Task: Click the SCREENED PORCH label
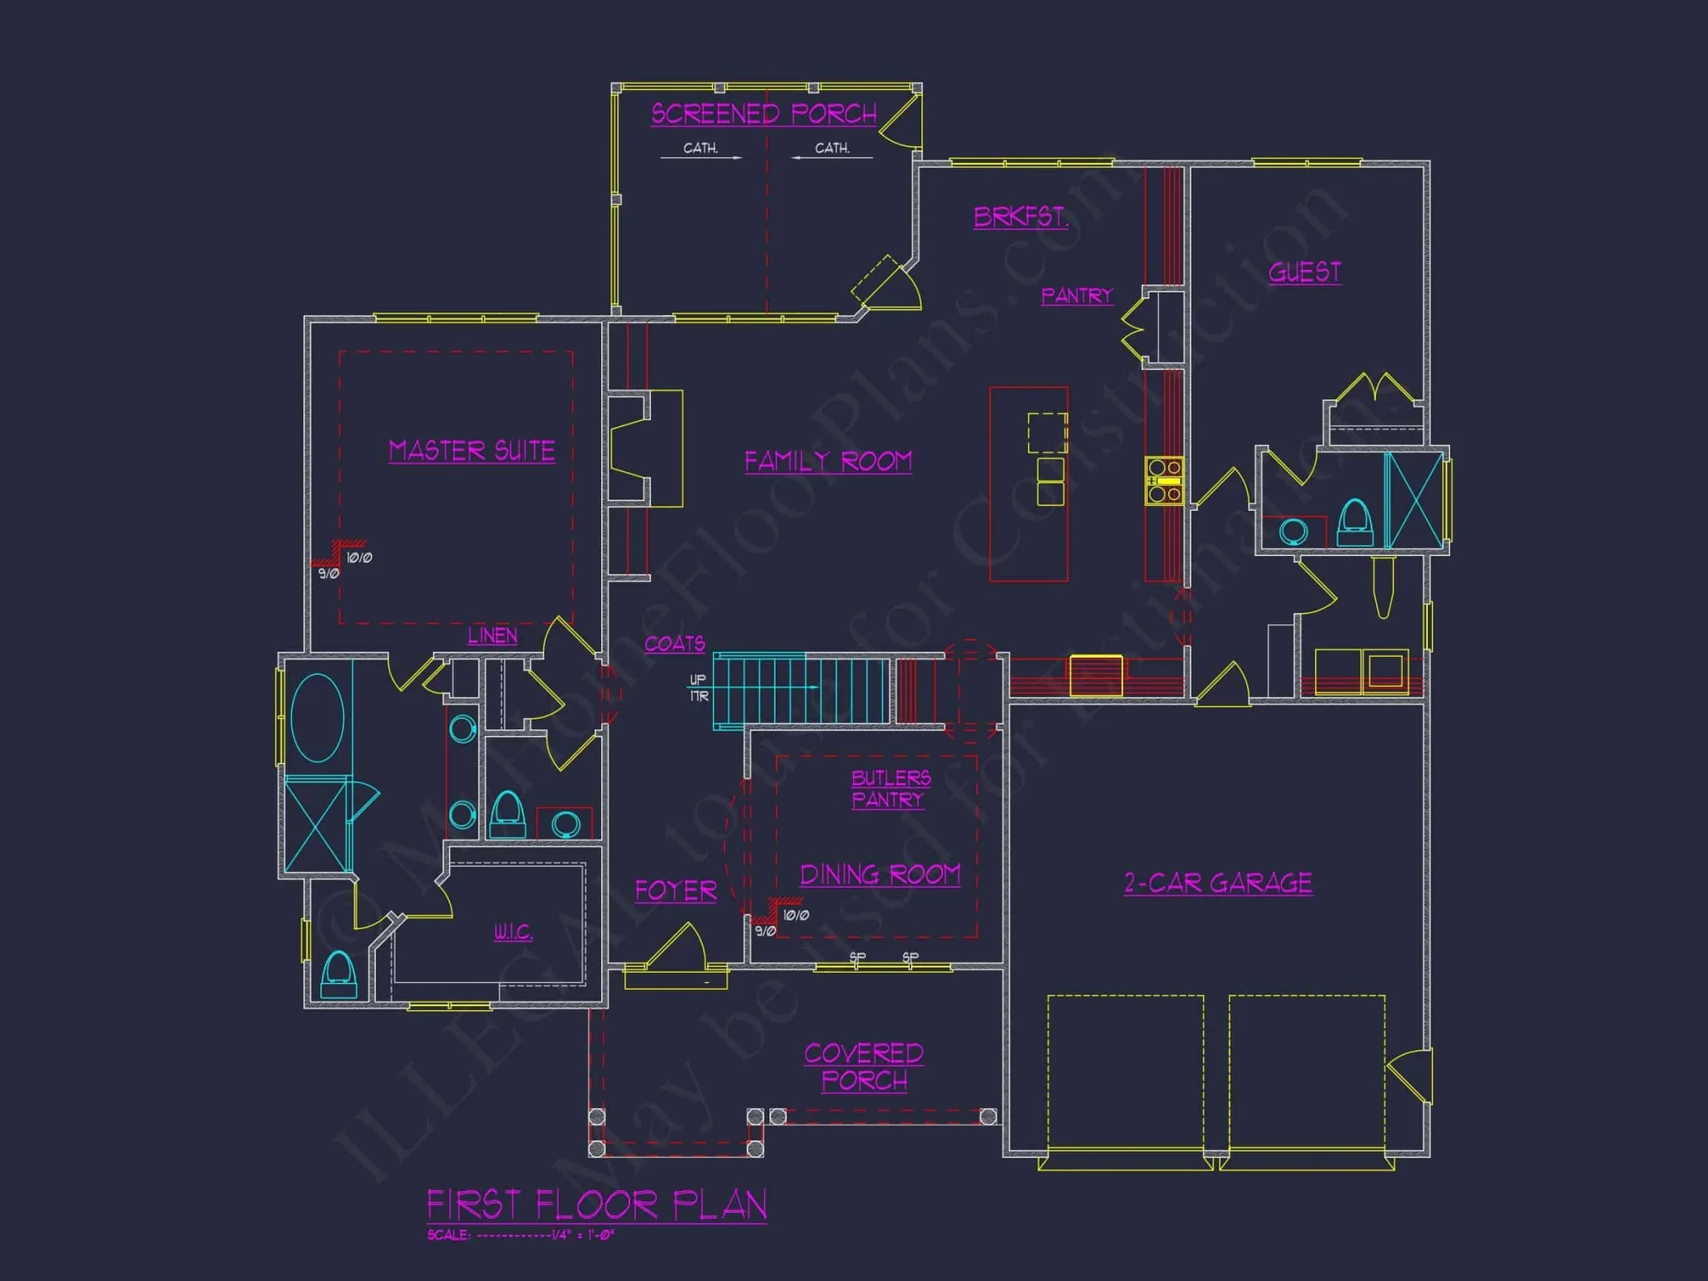[x=763, y=114]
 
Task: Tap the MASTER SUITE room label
[x=471, y=450]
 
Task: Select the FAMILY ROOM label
[x=828, y=461]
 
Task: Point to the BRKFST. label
[x=1021, y=217]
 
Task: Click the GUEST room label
[x=1304, y=272]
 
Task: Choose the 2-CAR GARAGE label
[x=1218, y=882]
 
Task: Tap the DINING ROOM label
[x=880, y=874]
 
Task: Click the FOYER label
[x=676, y=891]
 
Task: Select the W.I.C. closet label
[x=512, y=931]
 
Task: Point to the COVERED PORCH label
[x=863, y=1067]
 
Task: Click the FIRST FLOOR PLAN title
[x=596, y=1205]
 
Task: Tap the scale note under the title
[x=520, y=1235]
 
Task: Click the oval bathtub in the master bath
[x=317, y=717]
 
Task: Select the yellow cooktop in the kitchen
[x=1164, y=481]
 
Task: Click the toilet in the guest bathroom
[x=1354, y=522]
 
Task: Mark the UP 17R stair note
[x=698, y=687]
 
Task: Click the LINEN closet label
[x=492, y=635]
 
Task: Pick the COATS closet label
[x=674, y=643]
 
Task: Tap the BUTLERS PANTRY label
[x=890, y=788]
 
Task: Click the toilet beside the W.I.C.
[x=338, y=974]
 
